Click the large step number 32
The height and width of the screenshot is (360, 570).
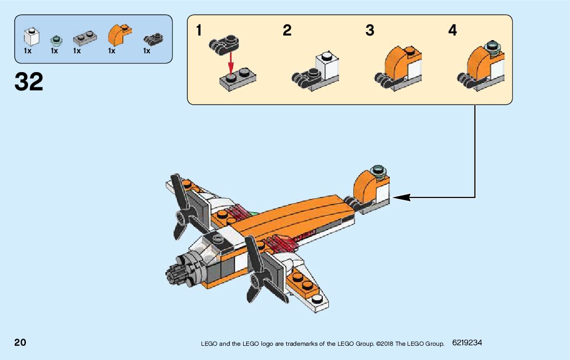click(x=29, y=81)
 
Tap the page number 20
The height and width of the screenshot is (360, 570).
click(x=20, y=342)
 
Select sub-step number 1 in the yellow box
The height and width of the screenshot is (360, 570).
click(x=199, y=31)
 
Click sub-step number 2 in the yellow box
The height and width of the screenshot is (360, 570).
click(x=287, y=31)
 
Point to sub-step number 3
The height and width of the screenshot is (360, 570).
click(x=370, y=31)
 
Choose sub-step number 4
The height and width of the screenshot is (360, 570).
click(x=452, y=31)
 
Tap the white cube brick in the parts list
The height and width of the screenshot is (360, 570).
click(x=32, y=37)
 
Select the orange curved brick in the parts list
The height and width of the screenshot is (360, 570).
click(x=119, y=35)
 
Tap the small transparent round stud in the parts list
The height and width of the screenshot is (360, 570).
click(x=55, y=40)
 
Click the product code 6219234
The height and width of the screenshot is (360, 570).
click(x=467, y=343)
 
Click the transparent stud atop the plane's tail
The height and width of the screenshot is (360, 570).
click(x=379, y=171)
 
